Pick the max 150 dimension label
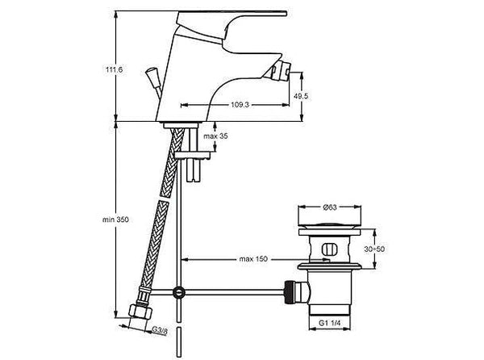(x=252, y=259)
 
